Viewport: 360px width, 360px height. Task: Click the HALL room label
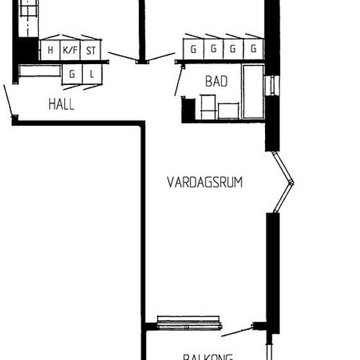[62, 103]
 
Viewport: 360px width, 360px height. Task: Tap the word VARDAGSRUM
[204, 182]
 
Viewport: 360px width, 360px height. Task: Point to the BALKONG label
[207, 357]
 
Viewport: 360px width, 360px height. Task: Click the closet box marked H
[50, 50]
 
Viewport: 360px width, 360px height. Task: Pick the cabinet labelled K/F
[69, 50]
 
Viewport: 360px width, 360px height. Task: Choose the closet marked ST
[91, 50]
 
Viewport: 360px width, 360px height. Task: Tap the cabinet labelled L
[92, 75]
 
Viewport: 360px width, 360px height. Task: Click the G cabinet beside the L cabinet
[71, 75]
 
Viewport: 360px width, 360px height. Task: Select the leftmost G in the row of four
[193, 49]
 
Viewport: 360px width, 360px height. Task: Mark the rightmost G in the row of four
[253, 49]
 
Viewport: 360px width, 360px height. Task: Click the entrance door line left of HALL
[8, 101]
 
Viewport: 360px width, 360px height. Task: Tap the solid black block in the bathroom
[188, 109]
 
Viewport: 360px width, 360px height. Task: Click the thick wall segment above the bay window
[272, 131]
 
